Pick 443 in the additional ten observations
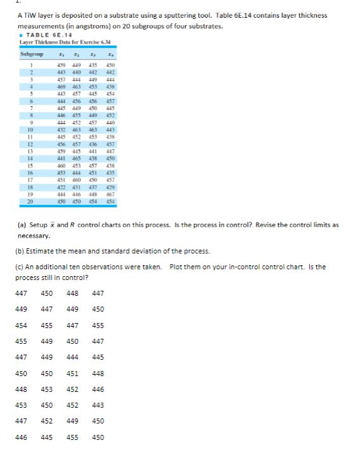click(97, 405)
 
